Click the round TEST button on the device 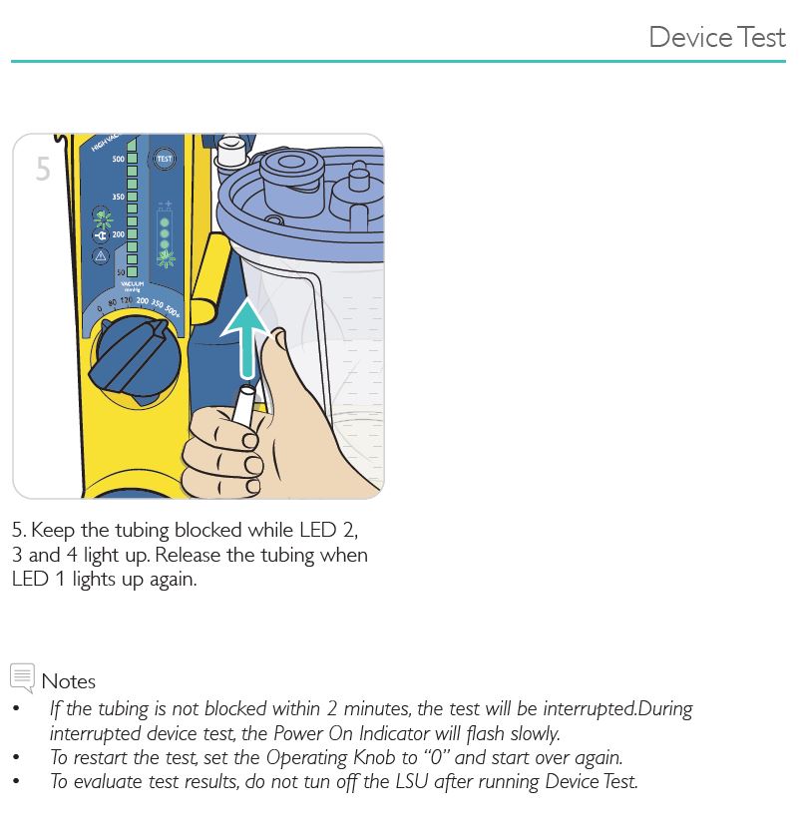[163, 160]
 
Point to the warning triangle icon [101, 256]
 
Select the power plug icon [101, 235]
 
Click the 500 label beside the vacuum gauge [118, 160]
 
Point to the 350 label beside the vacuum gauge [118, 197]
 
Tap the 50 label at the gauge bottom [121, 271]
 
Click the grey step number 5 [43, 170]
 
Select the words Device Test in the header [716, 37]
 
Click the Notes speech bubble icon [22, 677]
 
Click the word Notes [69, 682]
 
